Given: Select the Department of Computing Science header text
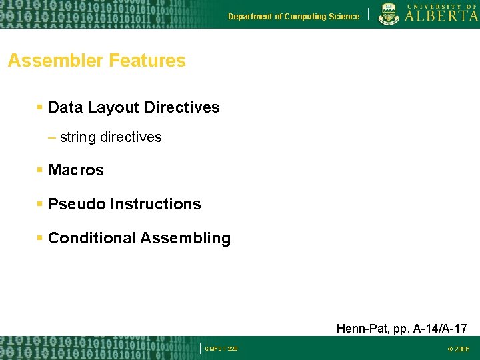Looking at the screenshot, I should (293, 17).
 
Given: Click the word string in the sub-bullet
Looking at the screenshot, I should (77, 137).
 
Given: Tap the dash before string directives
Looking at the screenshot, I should (52, 137).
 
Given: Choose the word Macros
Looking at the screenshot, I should (76, 170).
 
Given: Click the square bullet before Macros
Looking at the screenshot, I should (41, 170).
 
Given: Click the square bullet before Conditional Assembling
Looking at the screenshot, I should (41, 238).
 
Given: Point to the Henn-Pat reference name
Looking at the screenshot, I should (359, 329).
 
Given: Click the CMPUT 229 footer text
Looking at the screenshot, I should (222, 349).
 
